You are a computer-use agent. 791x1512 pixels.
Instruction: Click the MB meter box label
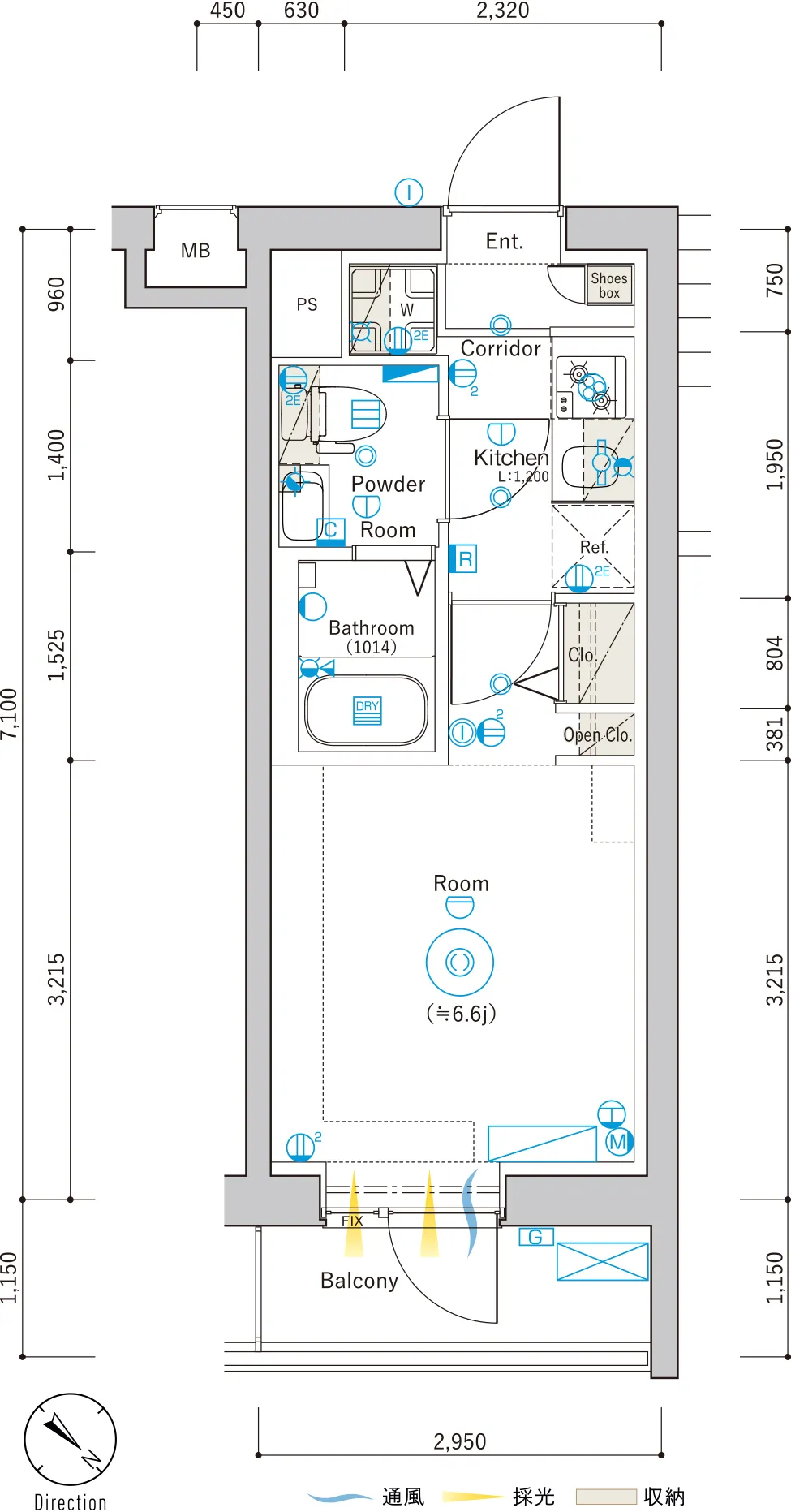click(196, 251)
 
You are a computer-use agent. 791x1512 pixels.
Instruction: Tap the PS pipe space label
click(307, 304)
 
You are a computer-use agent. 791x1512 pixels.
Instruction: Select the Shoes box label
click(609, 286)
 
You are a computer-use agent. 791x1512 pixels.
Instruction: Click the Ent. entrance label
click(504, 241)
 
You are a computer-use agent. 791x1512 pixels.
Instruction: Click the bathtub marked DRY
click(367, 710)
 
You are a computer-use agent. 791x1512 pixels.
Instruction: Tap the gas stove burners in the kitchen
click(590, 386)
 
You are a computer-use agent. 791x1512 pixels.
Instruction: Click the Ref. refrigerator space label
click(594, 547)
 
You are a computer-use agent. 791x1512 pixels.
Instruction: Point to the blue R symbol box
click(464, 559)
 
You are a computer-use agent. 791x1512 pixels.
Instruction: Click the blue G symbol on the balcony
click(535, 1237)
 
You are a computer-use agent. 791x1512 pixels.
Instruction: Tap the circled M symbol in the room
click(618, 1142)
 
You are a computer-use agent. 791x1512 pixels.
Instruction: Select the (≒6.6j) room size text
click(461, 1014)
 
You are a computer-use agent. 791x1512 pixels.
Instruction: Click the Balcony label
click(359, 1281)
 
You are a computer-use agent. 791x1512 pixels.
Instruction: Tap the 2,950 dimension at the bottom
click(459, 1441)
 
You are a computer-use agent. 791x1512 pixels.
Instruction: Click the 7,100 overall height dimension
click(8, 713)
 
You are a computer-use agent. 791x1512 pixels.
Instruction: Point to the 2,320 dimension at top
click(502, 11)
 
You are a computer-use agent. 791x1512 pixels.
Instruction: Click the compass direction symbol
click(71, 1440)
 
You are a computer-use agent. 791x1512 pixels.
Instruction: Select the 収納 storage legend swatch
click(605, 1496)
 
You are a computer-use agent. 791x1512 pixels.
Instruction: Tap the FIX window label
click(352, 1221)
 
